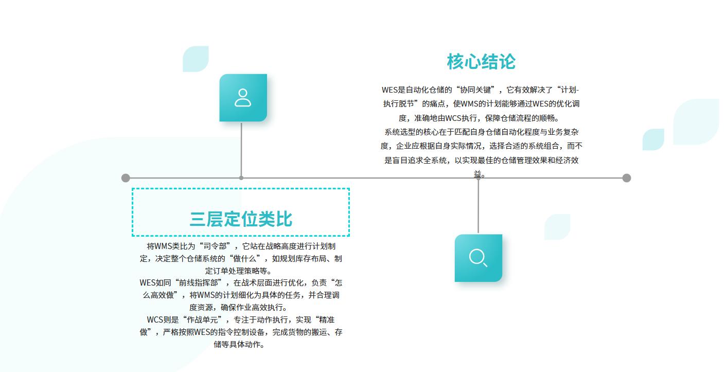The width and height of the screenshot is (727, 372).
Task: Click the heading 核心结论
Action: coord(481,62)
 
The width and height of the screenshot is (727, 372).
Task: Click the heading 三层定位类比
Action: coord(241,219)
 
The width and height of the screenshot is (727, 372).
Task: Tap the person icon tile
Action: coord(243,98)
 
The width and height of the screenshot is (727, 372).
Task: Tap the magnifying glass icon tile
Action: coord(478,258)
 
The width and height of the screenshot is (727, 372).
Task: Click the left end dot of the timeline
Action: coord(126,178)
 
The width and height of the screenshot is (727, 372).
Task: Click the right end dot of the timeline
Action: coord(626,178)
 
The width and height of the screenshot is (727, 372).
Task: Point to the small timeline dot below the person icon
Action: coord(241,178)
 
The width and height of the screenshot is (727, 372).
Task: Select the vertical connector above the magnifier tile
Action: coord(478,206)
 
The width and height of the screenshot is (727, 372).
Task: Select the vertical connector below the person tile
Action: coord(241,149)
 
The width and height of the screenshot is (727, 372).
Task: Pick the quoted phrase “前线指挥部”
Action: coord(202,282)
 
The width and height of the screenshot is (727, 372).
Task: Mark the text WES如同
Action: coord(155,282)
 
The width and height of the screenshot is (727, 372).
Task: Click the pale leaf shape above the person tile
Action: coord(196,59)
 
